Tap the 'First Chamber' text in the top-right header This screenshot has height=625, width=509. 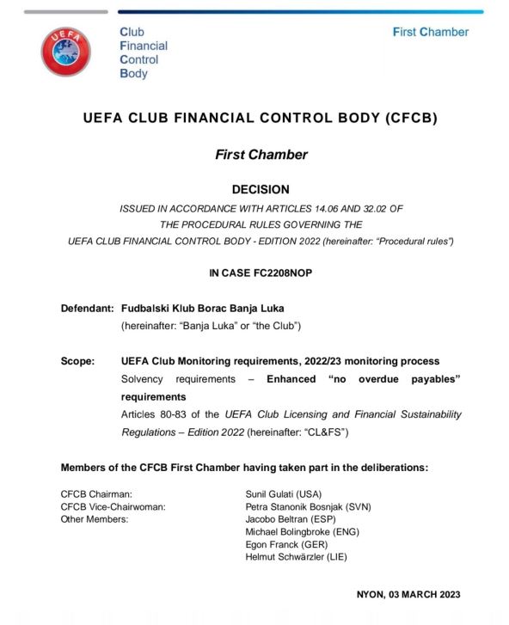pos(430,32)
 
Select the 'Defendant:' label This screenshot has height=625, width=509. pos(87,308)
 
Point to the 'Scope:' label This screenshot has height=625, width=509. pos(77,361)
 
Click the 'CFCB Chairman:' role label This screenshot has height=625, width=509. pos(96,494)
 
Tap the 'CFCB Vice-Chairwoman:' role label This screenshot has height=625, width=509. pos(113,507)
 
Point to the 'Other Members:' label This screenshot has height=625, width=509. pos(95,519)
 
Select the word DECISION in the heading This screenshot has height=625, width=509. pos(261,189)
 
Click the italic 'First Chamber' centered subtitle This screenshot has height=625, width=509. pos(261,155)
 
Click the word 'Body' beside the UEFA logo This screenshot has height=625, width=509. pos(133,74)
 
